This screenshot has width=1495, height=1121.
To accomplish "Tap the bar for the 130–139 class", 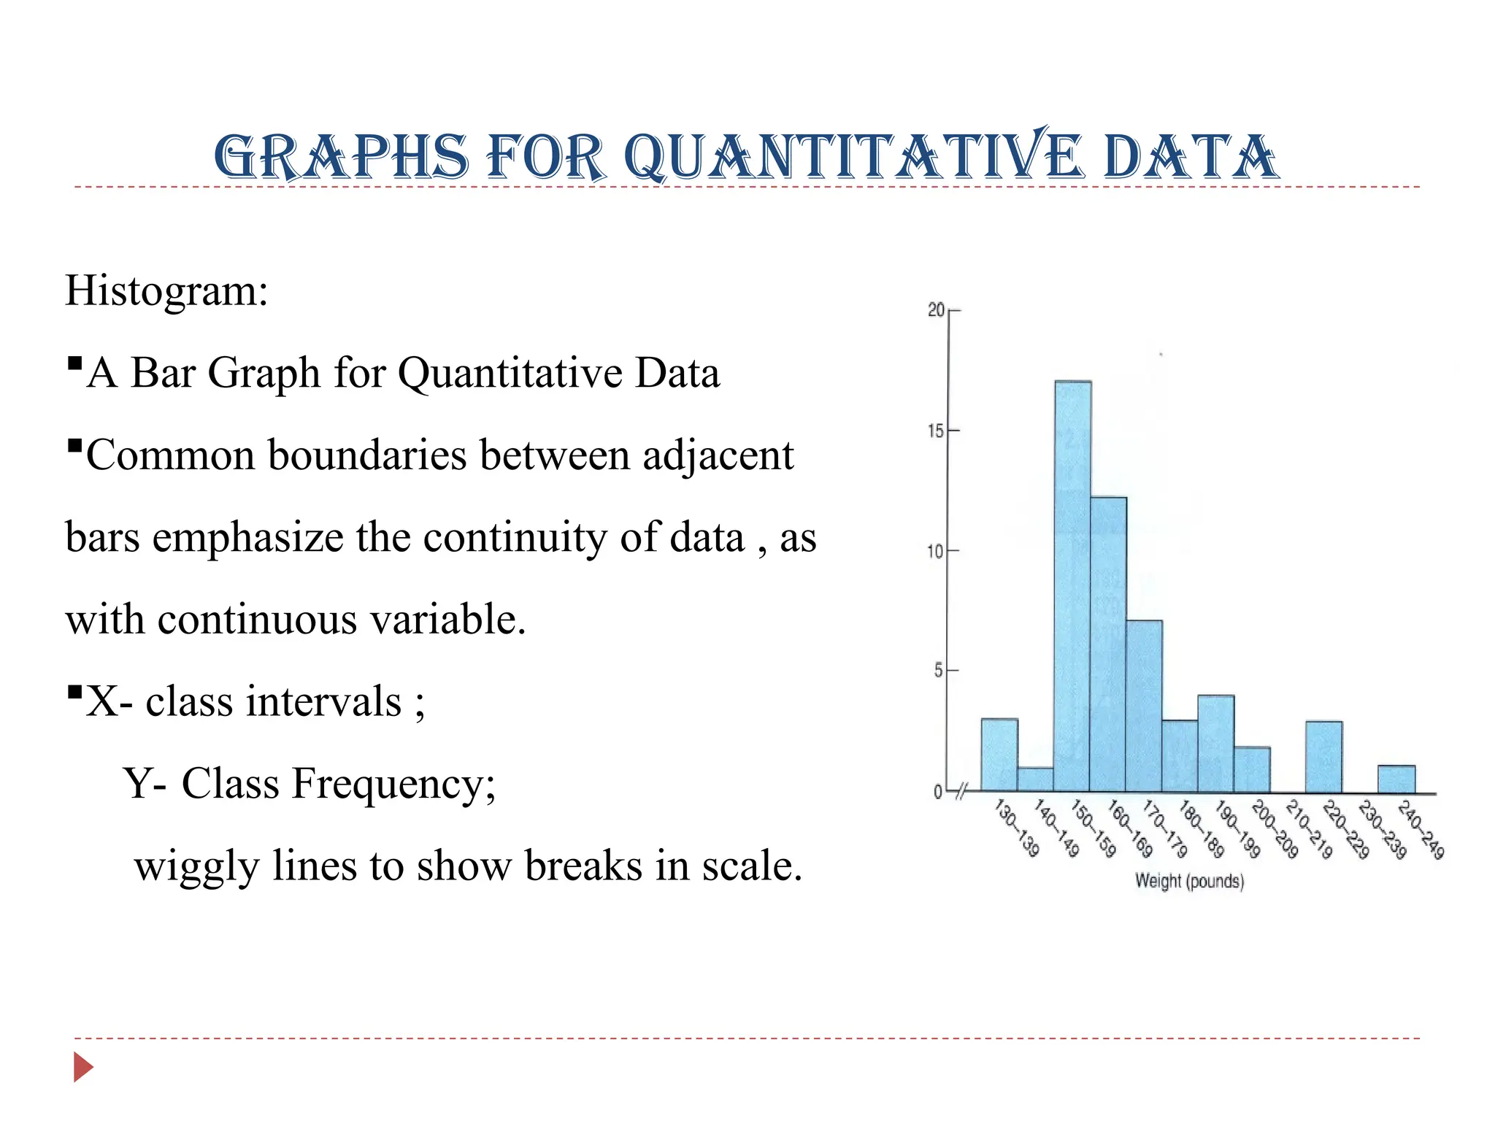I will coord(999,755).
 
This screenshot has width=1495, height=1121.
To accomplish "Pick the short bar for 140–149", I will coord(1035,779).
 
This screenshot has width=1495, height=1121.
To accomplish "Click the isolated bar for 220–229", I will coord(1323,757).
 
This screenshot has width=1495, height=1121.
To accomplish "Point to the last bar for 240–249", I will coord(1396,779).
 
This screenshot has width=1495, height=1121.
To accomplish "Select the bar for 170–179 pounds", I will coord(1144,706).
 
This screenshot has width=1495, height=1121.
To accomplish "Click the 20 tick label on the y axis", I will coord(936,310).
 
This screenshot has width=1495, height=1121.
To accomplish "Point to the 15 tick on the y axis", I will coord(936,431).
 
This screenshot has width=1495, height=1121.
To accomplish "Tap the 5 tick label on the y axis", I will coord(939,671).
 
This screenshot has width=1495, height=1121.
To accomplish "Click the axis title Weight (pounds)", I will coord(1189,881).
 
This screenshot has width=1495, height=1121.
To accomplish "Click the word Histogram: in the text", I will coord(167,290).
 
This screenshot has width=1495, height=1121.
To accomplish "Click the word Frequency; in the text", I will coord(394,784).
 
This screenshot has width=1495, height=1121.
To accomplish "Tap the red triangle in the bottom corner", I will coord(83,1068).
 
